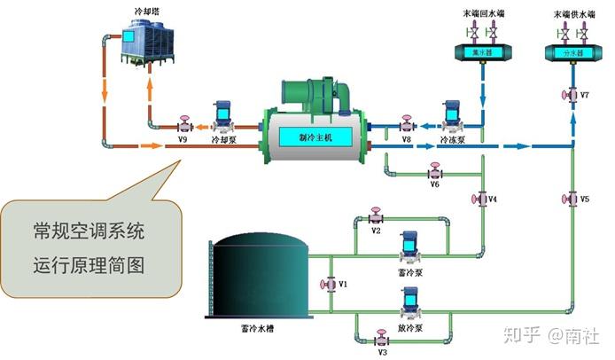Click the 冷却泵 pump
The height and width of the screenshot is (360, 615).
222,118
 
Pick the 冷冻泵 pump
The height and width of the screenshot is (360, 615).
451,118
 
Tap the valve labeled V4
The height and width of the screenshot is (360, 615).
482,199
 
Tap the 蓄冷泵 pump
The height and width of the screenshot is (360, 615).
409,247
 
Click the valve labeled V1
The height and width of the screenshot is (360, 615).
330,284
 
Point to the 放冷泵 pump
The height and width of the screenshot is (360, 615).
409,307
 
